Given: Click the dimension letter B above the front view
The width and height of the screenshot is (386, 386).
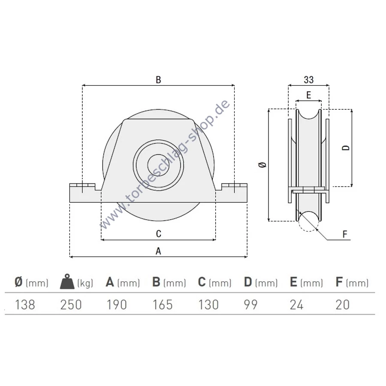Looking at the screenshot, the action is (x=159, y=80).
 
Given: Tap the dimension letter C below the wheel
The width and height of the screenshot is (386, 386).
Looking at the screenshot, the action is (x=159, y=234).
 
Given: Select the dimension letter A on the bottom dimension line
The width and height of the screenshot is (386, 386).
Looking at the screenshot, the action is (x=158, y=251).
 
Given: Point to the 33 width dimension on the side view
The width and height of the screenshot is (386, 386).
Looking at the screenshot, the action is (x=309, y=80).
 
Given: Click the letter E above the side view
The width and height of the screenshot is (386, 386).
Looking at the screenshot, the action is (x=309, y=95).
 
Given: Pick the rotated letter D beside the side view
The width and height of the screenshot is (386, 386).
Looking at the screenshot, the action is (x=346, y=148).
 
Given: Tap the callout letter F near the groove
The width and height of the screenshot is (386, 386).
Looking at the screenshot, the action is (x=345, y=234).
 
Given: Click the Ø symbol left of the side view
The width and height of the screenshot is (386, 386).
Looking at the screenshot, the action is (x=262, y=165).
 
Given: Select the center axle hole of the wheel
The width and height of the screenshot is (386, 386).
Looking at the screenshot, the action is (x=158, y=165).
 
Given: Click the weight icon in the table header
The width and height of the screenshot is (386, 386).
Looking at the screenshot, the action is (x=67, y=281).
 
